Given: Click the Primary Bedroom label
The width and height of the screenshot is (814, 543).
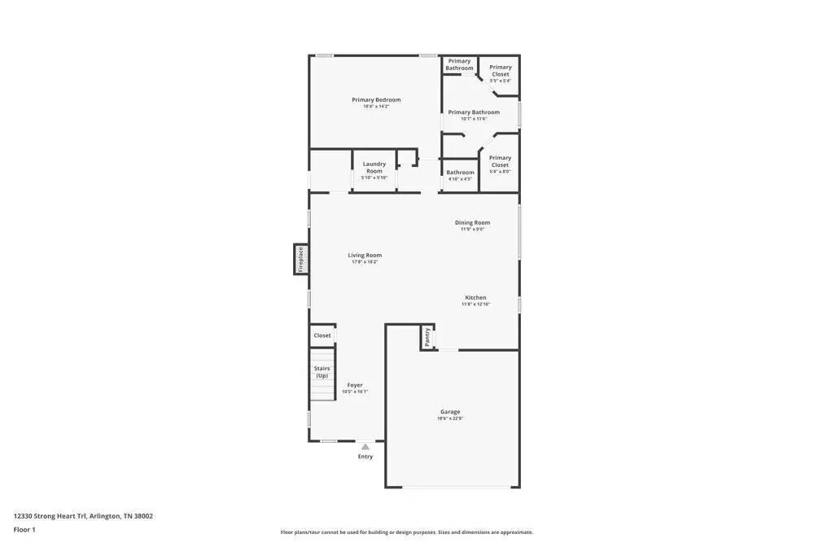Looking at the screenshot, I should pyautogui.click(x=376, y=100).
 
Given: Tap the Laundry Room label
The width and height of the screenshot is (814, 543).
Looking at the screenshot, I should pyautogui.click(x=374, y=167).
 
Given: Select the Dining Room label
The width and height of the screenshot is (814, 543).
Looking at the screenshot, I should pyautogui.click(x=472, y=222).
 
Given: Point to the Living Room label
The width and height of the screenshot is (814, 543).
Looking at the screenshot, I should pyautogui.click(x=365, y=255).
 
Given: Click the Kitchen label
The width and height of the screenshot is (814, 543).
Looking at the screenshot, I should pyautogui.click(x=475, y=297).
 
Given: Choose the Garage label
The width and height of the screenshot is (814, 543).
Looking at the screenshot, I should pyautogui.click(x=450, y=412).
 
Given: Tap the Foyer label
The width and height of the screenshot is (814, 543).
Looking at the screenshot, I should pyautogui.click(x=355, y=385).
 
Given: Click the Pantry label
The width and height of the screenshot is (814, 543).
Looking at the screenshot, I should pyautogui.click(x=427, y=336).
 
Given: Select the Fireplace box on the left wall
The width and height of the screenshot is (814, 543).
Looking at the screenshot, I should pyautogui.click(x=300, y=259).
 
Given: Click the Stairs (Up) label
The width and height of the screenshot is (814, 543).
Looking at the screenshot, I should pyautogui.click(x=322, y=372).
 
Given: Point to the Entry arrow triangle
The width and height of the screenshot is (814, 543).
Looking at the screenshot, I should pyautogui.click(x=365, y=446).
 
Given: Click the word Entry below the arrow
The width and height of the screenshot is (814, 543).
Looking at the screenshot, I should pyautogui.click(x=365, y=457).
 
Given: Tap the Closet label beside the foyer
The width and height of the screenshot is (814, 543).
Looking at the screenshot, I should pyautogui.click(x=322, y=335).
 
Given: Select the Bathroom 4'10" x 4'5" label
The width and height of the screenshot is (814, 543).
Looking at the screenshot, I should pyautogui.click(x=460, y=173).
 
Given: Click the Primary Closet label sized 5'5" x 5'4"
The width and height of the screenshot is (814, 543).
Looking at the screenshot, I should pyautogui.click(x=501, y=71).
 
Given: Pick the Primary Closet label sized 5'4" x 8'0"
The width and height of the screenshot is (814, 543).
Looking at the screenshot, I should pyautogui.click(x=500, y=161).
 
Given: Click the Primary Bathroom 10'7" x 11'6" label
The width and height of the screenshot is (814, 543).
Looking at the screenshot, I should pyautogui.click(x=474, y=112).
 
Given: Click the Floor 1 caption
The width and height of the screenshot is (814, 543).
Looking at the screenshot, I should pyautogui.click(x=24, y=529).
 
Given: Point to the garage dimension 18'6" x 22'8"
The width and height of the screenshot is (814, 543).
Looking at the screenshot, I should pyautogui.click(x=450, y=419).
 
